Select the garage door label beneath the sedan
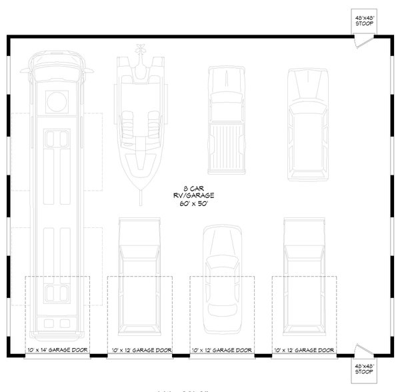[221, 350]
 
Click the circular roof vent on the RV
[55, 102]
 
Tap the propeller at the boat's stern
[141, 48]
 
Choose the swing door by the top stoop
[359, 39]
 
